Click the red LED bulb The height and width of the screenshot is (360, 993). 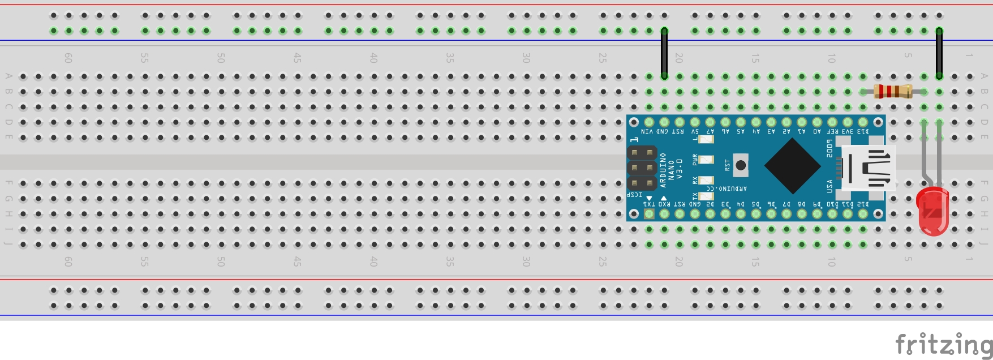click(932, 213)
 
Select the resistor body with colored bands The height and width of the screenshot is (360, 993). click(893, 91)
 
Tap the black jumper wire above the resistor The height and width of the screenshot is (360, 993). click(939, 54)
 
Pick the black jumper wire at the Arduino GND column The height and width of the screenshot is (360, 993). click(664, 54)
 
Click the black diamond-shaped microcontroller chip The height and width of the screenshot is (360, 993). click(792, 166)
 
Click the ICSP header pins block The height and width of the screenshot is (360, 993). click(642, 168)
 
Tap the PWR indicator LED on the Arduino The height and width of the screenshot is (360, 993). click(706, 160)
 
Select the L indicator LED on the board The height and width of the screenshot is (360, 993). click(706, 139)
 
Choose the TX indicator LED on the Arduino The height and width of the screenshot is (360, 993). click(706, 196)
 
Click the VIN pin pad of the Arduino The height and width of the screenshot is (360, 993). click(649, 122)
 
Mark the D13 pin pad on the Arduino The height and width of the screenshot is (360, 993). click(863, 122)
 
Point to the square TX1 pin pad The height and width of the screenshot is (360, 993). click(649, 214)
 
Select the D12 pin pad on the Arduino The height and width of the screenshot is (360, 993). click(863, 214)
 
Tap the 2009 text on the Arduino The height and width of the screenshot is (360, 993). click(829, 148)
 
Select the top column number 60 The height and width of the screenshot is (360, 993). click(68, 58)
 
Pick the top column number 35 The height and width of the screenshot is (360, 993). click(450, 58)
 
